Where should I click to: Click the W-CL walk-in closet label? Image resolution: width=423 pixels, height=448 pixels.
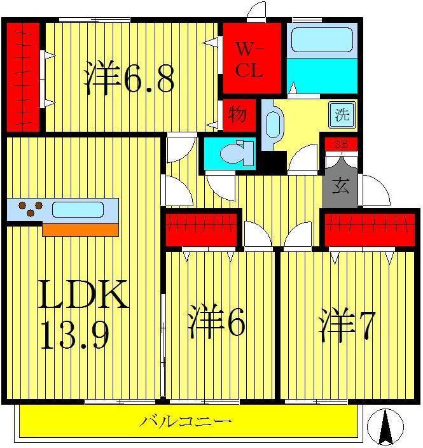[x=249, y=60]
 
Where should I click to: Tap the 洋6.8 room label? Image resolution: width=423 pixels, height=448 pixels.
[x=129, y=77]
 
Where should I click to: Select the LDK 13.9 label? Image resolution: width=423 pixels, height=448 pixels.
[x=83, y=314]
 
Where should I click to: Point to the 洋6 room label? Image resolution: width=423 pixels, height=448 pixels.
[x=217, y=321]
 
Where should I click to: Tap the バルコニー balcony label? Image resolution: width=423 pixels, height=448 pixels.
[x=185, y=421]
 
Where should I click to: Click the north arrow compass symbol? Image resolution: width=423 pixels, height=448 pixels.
[x=385, y=426]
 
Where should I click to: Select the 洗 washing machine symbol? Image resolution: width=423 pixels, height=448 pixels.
[x=342, y=115]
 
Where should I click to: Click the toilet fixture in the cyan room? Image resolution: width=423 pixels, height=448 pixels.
[x=237, y=153]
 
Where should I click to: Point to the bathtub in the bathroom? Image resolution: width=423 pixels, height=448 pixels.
[x=322, y=39]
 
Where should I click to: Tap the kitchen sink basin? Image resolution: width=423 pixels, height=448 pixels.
[x=78, y=209]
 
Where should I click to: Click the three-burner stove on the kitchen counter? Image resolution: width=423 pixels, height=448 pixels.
[x=31, y=209]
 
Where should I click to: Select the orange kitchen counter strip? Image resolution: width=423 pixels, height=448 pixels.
[x=80, y=230]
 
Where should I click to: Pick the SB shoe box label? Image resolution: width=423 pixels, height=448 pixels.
[x=342, y=144]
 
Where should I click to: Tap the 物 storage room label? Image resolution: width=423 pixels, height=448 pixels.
[x=237, y=114]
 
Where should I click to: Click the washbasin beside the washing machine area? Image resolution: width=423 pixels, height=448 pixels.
[x=274, y=124]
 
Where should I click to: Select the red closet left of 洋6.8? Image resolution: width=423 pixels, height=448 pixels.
[x=23, y=77]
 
